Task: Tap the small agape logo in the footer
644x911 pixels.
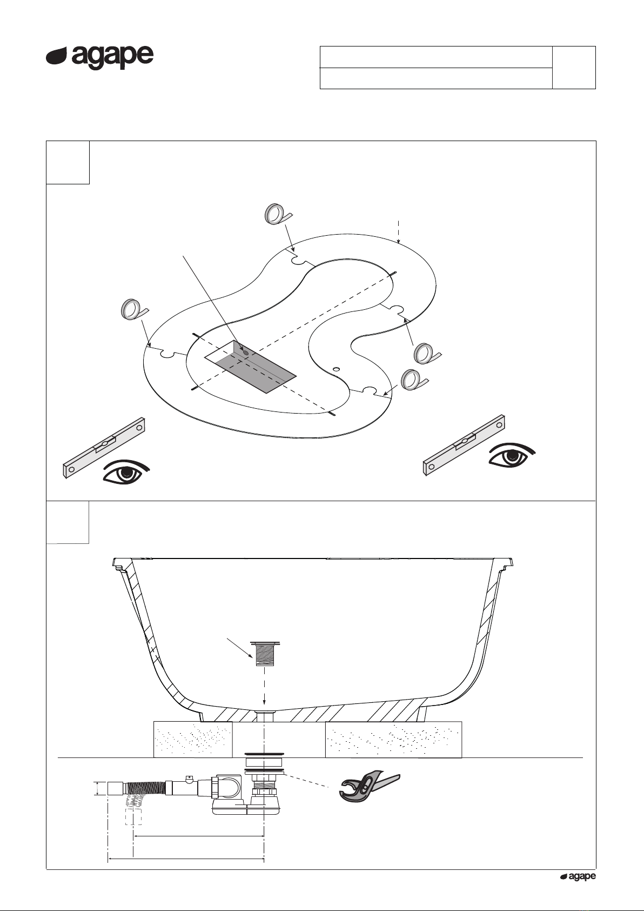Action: point(578,876)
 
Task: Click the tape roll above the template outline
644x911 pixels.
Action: point(278,214)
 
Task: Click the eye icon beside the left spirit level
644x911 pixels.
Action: point(126,473)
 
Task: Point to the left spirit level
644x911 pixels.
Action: point(104,447)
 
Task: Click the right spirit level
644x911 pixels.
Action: point(464,445)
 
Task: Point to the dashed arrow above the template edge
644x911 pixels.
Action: point(399,231)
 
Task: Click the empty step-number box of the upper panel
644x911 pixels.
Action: point(68,162)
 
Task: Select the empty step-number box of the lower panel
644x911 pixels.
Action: point(68,522)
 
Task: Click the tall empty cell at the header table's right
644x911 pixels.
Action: point(574,68)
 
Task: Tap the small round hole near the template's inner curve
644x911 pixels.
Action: point(336,369)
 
